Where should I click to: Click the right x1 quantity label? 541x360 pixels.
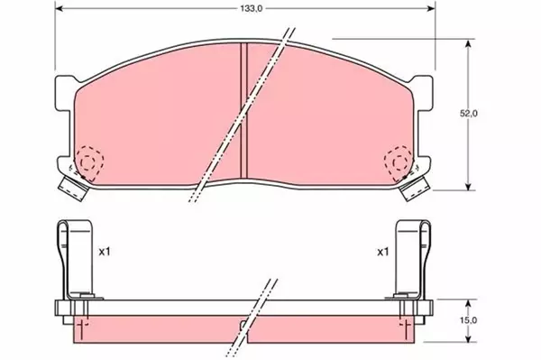tap(382, 253)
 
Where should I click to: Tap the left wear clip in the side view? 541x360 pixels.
tap(69, 262)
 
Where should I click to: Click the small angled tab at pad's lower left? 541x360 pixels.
tap(70, 188)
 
